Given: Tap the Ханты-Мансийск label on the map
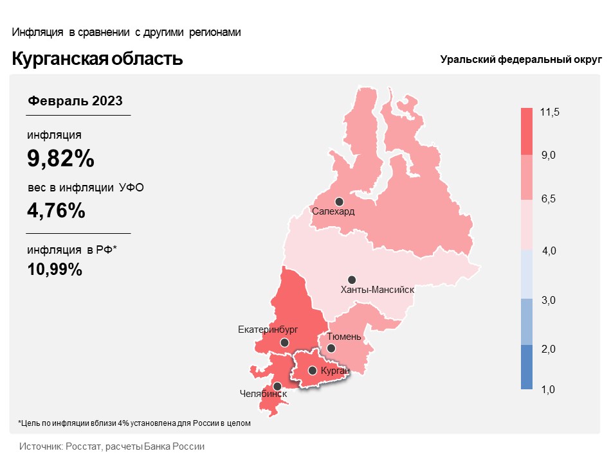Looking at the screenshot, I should tap(377, 290).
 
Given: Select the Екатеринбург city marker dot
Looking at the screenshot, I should tap(284, 343).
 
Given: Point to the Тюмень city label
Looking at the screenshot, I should tap(344, 337).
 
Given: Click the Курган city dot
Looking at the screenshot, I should tap(312, 371).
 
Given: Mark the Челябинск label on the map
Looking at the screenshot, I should tap(263, 393).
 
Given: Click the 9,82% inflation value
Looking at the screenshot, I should tap(60, 158).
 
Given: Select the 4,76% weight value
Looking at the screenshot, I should tap(56, 210).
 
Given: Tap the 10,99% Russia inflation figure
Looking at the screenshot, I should tap(55, 269).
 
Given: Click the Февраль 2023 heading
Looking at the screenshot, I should tap(75, 101).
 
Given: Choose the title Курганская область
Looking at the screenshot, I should tap(97, 59).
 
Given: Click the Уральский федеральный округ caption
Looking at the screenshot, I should tap(520, 60).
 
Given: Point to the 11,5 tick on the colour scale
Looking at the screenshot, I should tap(550, 112).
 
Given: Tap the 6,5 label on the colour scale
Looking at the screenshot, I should tap(549, 200).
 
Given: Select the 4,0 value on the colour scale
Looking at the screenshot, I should tap(549, 251).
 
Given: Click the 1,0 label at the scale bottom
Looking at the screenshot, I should tap(549, 389).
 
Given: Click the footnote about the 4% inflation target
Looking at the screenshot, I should tap(134, 423).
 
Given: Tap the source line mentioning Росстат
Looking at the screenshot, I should tap(112, 446).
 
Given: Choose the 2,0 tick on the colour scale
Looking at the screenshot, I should tap(549, 349).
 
